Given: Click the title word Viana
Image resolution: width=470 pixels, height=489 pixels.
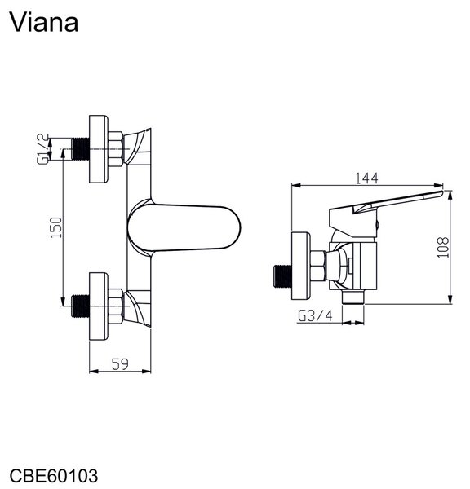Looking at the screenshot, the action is click(44, 23).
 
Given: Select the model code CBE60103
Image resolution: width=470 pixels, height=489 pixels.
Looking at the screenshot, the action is click(54, 476).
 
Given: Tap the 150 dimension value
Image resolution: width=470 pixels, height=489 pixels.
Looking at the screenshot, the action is click(56, 227).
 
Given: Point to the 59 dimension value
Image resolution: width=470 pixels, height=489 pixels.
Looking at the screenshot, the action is click(120, 364).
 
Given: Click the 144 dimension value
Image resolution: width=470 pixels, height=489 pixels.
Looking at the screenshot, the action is click(366, 178).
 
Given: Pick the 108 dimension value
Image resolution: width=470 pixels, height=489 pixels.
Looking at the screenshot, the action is click(443, 247).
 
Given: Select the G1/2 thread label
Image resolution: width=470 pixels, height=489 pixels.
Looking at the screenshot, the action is click(42, 149).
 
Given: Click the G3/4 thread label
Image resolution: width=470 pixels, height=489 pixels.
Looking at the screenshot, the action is click(315, 316).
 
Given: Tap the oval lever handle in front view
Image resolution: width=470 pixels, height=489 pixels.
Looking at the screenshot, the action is click(184, 227).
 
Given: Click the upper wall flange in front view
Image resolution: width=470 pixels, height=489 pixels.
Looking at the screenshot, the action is click(99, 149).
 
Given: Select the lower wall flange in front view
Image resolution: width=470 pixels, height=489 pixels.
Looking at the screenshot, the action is click(99, 306).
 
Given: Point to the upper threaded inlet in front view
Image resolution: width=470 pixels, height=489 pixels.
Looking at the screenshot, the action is click(80, 149).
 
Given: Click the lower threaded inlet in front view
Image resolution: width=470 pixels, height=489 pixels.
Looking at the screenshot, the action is click(80, 306).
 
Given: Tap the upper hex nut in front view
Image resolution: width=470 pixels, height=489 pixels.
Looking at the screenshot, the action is click(116, 149).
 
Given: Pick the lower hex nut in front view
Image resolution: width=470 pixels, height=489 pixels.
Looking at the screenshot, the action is click(116, 306).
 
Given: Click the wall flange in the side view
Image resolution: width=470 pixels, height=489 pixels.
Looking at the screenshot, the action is click(301, 266).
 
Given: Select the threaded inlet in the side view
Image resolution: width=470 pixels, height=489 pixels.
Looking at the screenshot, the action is click(282, 276).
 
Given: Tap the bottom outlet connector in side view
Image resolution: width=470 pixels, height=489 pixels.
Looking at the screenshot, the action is click(353, 297).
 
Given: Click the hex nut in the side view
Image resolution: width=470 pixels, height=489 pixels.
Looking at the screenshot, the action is click(318, 266).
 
